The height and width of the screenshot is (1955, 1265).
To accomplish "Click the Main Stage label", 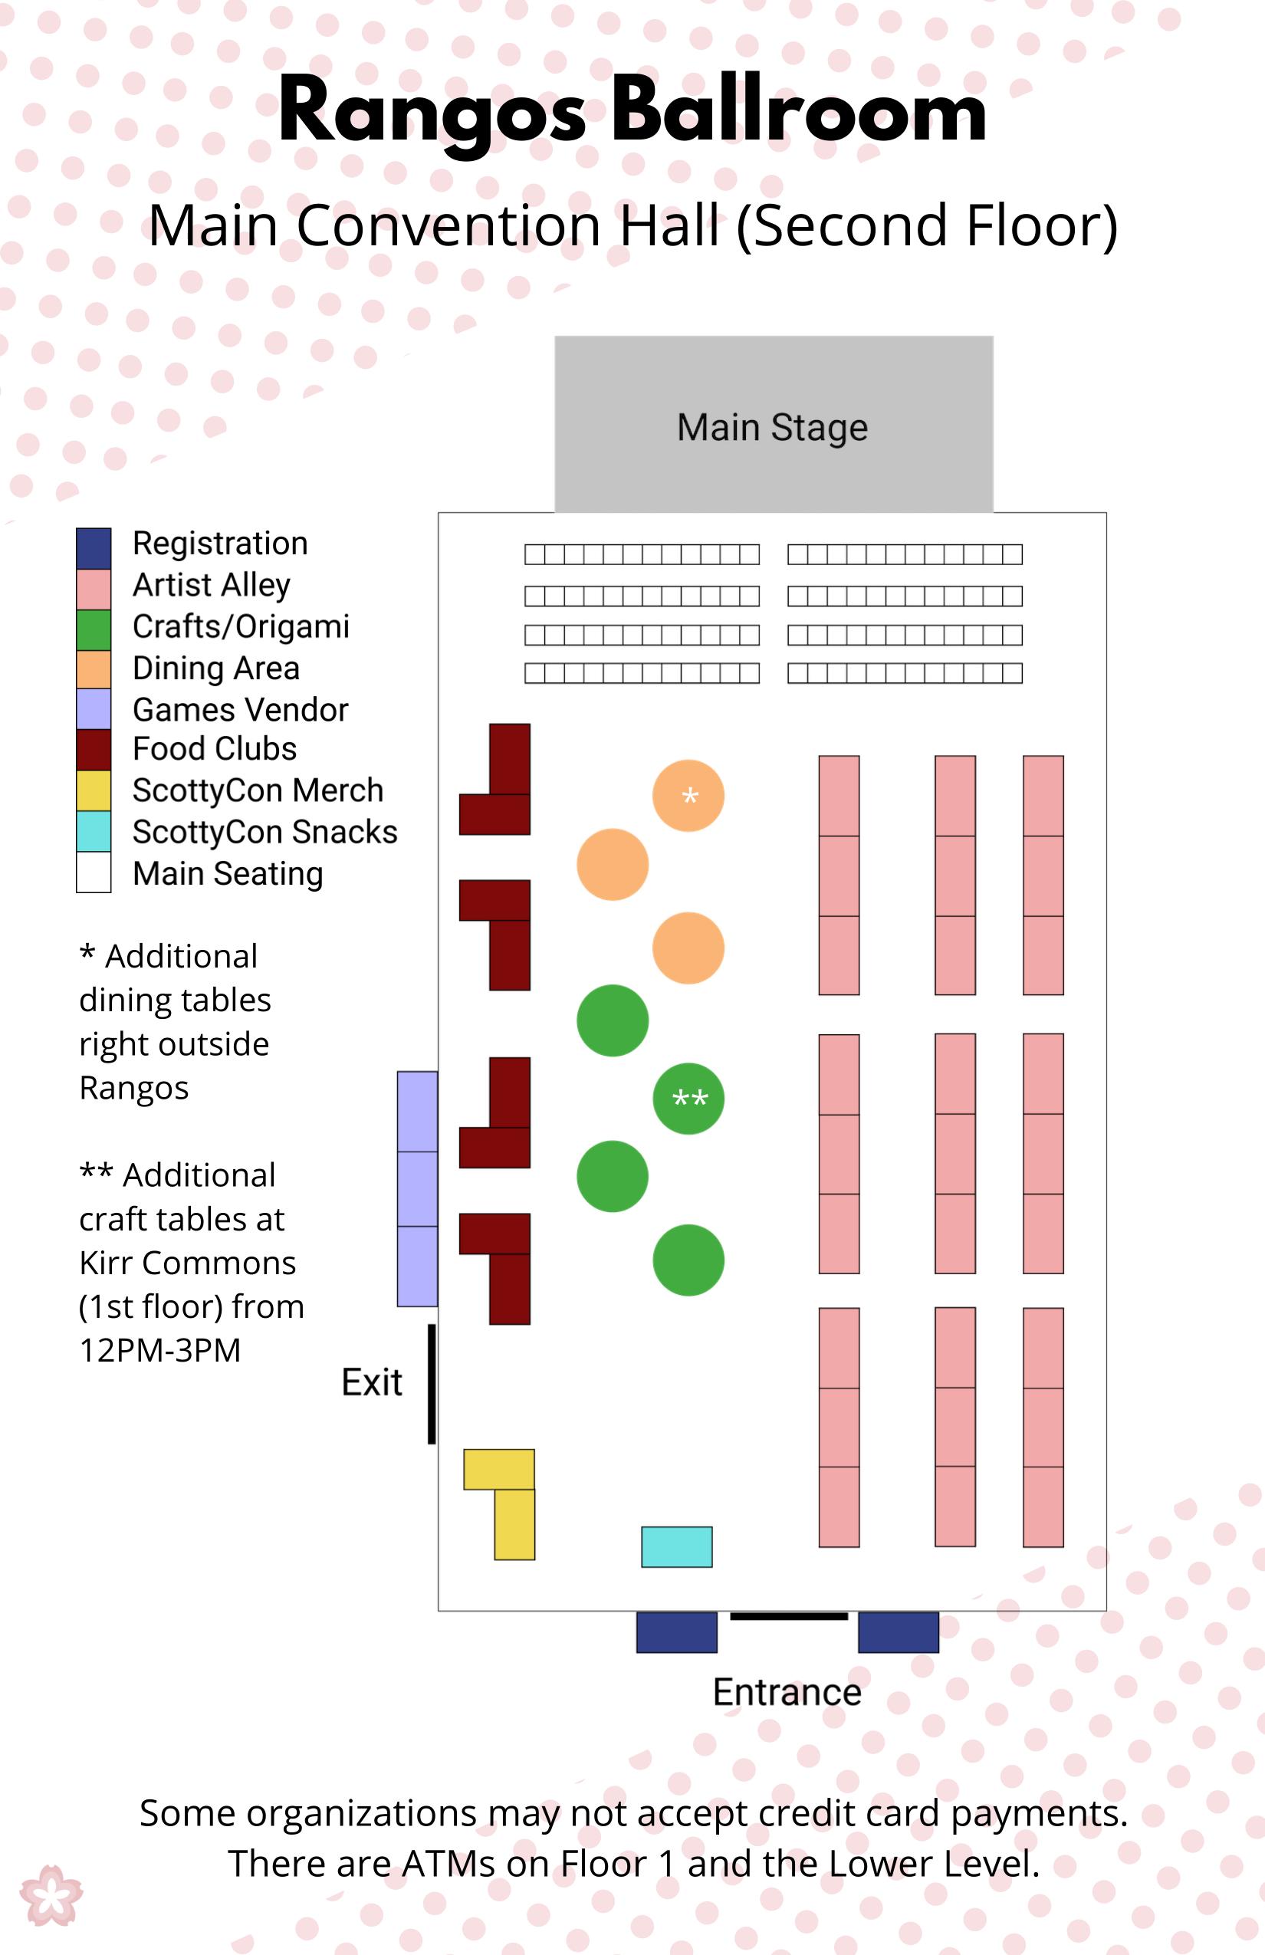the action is coord(772,427).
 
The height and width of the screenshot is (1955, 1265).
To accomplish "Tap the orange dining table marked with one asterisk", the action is coord(688,795).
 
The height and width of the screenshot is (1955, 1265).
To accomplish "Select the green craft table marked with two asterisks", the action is coord(688,1098).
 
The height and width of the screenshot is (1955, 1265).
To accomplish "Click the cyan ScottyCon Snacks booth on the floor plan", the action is coord(676,1547).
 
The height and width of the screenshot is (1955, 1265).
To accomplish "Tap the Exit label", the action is coord(371,1382).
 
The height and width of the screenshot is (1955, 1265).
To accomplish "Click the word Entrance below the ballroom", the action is coord(787,1692).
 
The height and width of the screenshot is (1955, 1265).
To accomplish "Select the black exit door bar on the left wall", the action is coord(431,1384).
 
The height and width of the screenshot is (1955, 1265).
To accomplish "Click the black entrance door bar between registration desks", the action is coord(789,1617).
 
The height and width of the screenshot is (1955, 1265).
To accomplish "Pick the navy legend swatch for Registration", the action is coord(94,548).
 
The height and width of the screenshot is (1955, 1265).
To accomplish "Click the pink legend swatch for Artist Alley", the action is coord(94,589).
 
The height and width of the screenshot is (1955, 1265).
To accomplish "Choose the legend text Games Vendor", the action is coord(241,710).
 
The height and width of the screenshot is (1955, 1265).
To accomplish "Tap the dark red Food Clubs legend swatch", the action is coord(94,749).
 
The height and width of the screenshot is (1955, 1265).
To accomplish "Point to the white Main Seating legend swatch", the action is coord(94,872).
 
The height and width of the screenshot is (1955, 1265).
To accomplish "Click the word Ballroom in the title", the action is coord(798,111).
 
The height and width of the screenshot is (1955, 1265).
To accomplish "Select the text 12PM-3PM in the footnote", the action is coord(160,1350).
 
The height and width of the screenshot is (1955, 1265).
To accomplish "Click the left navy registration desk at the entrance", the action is coord(677,1632).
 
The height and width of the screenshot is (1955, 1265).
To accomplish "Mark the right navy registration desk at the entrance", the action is coord(899,1632).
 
